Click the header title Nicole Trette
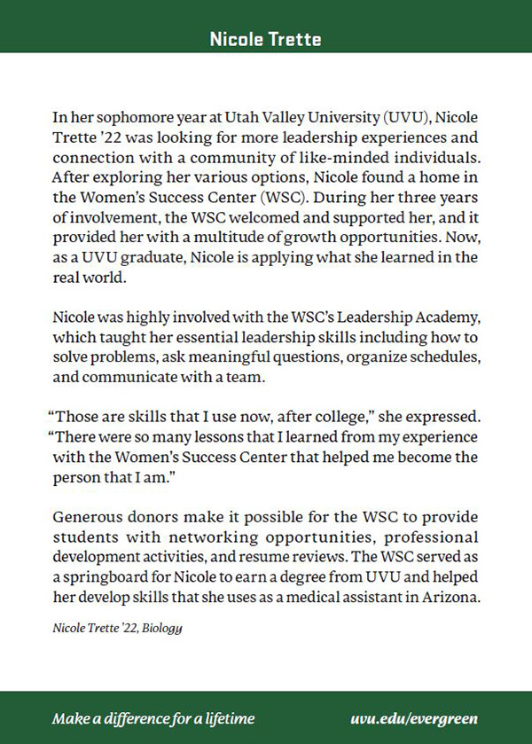click(265, 39)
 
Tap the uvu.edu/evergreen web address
click(414, 718)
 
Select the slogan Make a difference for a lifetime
click(153, 718)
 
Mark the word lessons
click(203, 438)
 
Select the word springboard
click(110, 578)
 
